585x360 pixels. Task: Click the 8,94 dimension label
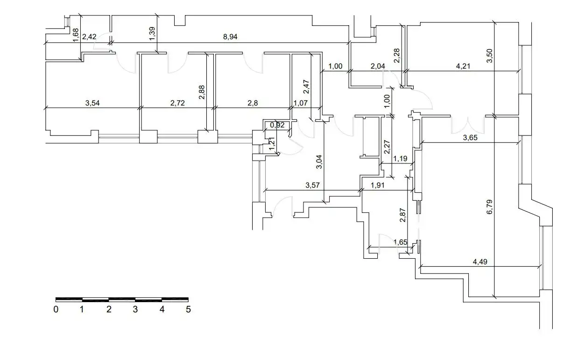click(x=230, y=36)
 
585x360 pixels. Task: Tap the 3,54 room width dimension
click(x=92, y=103)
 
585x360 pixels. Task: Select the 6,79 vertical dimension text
click(x=490, y=207)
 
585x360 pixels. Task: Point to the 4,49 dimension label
click(x=480, y=261)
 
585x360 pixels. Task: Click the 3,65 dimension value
click(x=470, y=137)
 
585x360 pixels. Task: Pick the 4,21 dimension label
click(x=463, y=66)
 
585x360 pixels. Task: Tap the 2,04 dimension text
click(x=378, y=66)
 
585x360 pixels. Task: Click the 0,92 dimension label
click(x=277, y=125)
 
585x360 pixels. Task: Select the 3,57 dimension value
click(x=313, y=185)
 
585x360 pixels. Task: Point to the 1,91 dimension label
click(x=378, y=185)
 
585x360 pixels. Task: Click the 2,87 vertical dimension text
click(x=403, y=215)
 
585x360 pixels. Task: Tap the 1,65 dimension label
click(x=401, y=242)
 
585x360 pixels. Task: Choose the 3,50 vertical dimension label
click(x=490, y=56)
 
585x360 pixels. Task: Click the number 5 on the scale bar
click(x=188, y=309)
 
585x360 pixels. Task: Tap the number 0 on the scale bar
click(x=56, y=309)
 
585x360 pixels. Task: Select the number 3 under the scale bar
click(x=135, y=309)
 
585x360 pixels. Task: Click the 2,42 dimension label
click(x=89, y=36)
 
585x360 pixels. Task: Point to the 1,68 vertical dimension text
click(x=76, y=35)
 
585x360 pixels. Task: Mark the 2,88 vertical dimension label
click(x=202, y=92)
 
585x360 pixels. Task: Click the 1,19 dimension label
click(x=401, y=158)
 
